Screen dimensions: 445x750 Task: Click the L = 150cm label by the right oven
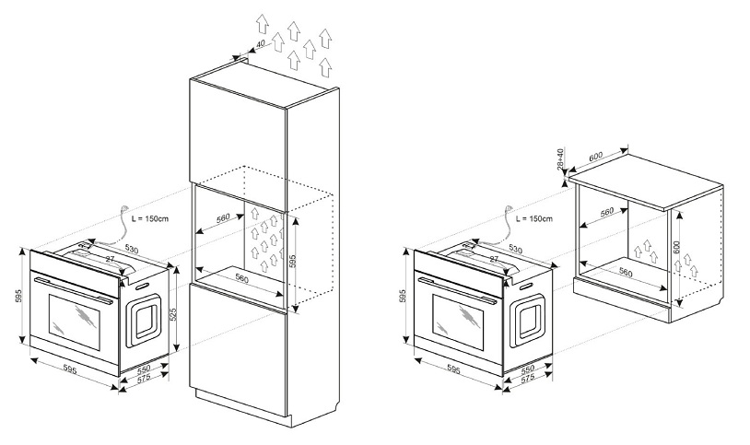pyautogui.click(x=533, y=218)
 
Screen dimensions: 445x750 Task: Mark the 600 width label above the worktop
pyautogui.click(x=595, y=157)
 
